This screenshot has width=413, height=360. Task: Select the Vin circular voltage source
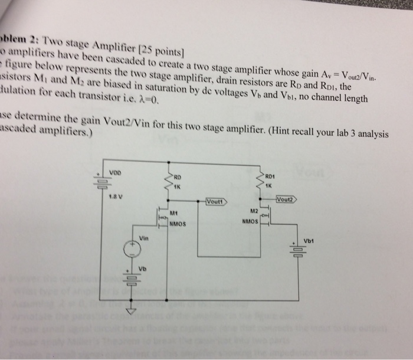[132, 250]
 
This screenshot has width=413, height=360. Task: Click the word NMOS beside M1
[178, 223]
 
